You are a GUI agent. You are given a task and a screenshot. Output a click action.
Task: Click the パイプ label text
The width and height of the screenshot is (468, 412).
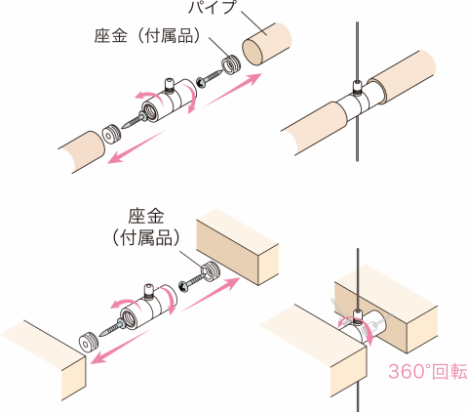212,7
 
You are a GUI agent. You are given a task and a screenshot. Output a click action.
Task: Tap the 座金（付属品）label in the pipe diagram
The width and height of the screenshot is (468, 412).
148,35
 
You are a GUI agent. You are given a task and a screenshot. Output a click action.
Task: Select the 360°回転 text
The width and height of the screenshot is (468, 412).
428,371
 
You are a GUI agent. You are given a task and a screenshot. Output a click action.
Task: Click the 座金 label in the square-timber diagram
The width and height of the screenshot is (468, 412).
146,216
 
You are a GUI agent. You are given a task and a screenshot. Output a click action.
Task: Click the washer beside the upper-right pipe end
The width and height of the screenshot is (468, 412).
230,64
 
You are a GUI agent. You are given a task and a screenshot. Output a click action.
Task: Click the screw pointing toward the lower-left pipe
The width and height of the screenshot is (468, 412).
134,120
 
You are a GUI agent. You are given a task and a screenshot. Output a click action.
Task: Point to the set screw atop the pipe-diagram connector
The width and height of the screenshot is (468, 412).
169,85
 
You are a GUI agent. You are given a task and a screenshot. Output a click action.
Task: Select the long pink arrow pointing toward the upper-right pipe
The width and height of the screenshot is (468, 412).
233,90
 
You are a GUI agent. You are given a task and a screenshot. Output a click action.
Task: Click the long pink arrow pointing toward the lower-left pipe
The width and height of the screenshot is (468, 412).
136,146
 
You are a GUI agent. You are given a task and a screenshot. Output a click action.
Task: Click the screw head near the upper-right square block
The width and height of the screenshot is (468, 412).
184,287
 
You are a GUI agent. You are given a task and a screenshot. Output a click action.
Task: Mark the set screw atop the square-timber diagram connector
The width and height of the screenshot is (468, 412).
148,292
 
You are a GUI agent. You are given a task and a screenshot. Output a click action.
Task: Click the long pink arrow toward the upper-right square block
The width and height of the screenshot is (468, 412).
211,295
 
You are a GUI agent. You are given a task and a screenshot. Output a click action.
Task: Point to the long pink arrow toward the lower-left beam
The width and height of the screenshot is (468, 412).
120,347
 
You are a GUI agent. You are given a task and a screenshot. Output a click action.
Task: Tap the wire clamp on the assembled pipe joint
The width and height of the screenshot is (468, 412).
357,87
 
